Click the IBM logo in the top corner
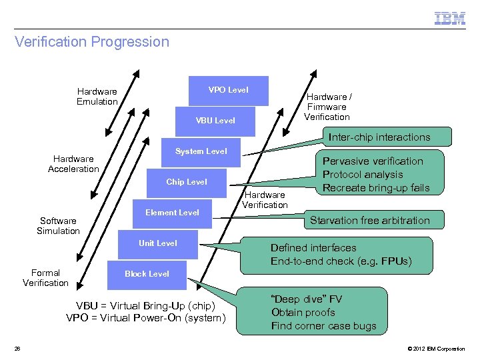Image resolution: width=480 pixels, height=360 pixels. click(x=450, y=19)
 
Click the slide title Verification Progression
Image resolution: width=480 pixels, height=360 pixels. click(x=92, y=42)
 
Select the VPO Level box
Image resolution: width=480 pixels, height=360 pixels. click(x=228, y=90)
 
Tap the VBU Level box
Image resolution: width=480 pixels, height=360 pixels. click(x=215, y=121)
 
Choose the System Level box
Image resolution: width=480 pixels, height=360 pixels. click(x=201, y=151)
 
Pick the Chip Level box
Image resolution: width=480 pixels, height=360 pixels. click(x=186, y=182)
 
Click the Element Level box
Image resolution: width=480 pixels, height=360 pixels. click(x=172, y=213)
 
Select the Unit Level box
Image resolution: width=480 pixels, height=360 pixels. click(x=157, y=243)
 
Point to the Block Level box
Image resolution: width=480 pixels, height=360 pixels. click(x=147, y=274)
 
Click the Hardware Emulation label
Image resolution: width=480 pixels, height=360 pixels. click(x=97, y=97)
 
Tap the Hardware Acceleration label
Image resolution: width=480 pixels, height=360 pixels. click(x=73, y=164)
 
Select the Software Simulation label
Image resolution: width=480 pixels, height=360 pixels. click(x=58, y=226)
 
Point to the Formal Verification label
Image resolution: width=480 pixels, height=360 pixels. click(x=45, y=278)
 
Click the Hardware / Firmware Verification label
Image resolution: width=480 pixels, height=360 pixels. click(x=327, y=107)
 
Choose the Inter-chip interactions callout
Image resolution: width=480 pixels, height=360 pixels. click(x=379, y=137)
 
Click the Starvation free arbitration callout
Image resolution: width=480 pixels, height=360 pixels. click(x=370, y=220)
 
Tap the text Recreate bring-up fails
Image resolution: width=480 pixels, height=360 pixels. click(x=376, y=187)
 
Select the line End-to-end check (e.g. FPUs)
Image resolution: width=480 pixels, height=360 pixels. click(x=341, y=261)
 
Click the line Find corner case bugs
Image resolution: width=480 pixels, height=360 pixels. click(x=323, y=326)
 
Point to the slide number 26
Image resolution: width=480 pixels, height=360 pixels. click(x=18, y=349)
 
